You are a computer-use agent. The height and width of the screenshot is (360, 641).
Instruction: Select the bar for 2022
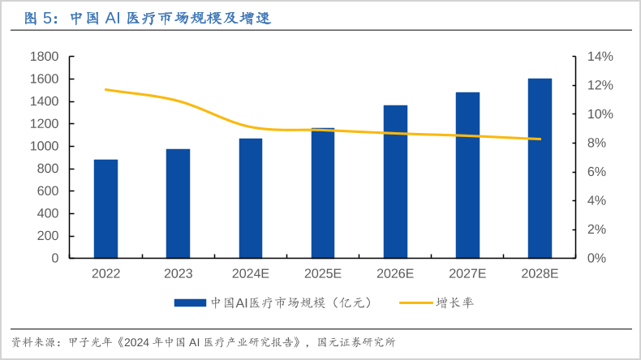pyautogui.click(x=105, y=208)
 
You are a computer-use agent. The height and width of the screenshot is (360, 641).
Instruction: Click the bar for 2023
pyautogui.click(x=178, y=204)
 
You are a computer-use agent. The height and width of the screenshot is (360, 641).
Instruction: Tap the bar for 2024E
pyautogui.click(x=251, y=198)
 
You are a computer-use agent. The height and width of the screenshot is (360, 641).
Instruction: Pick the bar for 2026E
pyautogui.click(x=395, y=182)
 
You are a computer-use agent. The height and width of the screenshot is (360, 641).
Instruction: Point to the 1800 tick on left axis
pyautogui.click(x=44, y=57)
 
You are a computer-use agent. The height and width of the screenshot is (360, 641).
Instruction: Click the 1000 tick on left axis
pyautogui.click(x=44, y=147)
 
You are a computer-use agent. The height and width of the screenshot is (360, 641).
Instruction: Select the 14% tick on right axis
pyautogui.click(x=600, y=57)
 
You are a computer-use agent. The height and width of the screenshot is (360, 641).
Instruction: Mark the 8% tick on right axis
pyautogui.click(x=597, y=144)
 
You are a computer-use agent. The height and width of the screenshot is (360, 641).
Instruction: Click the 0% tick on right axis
pyautogui.click(x=597, y=258)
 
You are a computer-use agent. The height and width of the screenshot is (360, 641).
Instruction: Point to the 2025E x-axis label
pyautogui.click(x=323, y=274)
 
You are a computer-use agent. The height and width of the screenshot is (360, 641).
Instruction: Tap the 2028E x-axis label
pyautogui.click(x=540, y=274)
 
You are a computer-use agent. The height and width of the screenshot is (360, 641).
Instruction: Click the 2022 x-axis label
pyautogui.click(x=105, y=274)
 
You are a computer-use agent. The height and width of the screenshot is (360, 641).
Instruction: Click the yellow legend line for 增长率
pyautogui.click(x=415, y=302)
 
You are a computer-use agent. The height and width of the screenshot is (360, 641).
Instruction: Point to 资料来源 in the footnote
pyautogui.click(x=31, y=342)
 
